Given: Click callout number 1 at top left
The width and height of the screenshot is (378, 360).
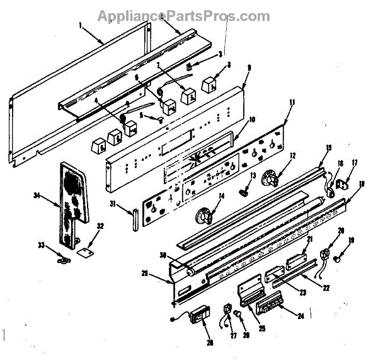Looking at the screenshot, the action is [81, 25].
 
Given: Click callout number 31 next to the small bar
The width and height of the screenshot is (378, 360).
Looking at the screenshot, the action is [112, 203].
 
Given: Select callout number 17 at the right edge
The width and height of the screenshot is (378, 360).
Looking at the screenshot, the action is [353, 163].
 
